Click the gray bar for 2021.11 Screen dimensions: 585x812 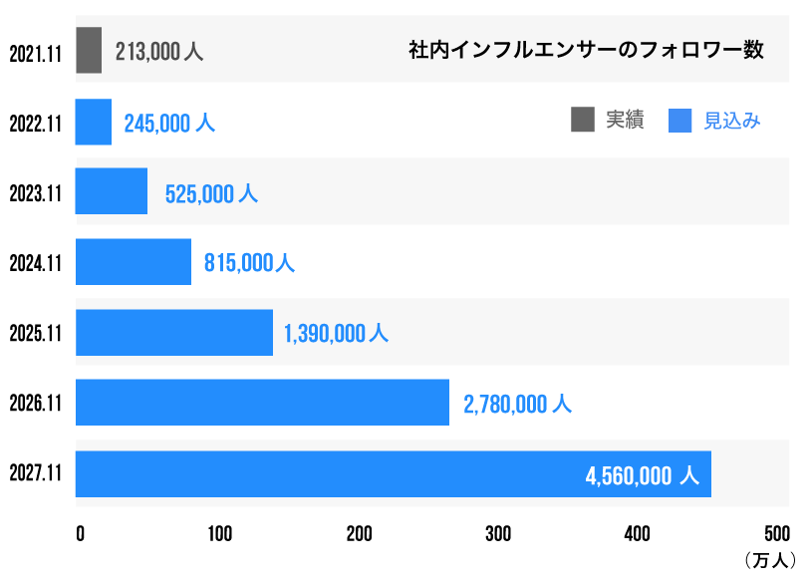89,50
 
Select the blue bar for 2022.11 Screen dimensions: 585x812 94,122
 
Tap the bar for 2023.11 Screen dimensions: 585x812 112,191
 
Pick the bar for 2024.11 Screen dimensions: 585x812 134,262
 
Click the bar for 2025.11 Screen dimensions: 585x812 174,333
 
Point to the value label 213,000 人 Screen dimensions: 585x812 159,51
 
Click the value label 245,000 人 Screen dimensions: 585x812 169,123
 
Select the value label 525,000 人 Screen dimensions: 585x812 211,193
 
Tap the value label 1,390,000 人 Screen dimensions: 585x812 336,334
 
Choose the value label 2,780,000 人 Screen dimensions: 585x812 517,404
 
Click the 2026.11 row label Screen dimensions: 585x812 36,404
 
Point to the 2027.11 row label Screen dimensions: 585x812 36,474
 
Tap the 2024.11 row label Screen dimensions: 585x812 36,263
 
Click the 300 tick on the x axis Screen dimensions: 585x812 498,534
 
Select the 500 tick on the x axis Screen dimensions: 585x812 776,534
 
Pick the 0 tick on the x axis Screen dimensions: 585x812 80,534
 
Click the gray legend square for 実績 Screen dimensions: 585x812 583,120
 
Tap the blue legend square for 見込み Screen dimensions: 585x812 680,120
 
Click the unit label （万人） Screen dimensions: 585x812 770,562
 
